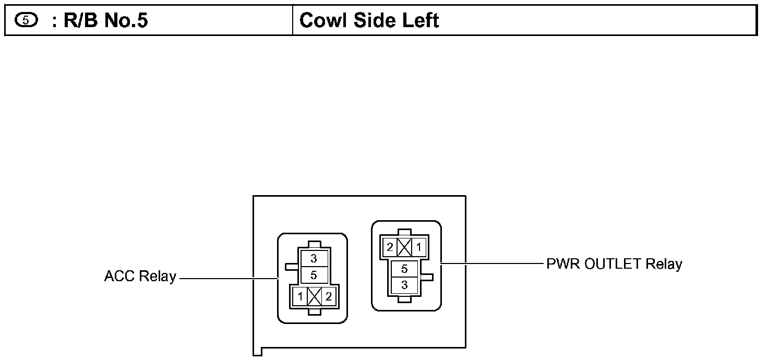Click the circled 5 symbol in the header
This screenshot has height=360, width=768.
(x=26, y=21)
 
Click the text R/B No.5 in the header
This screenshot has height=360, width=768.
(x=100, y=20)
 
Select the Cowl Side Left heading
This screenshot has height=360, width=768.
(x=369, y=20)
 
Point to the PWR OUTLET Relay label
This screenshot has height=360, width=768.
(x=614, y=263)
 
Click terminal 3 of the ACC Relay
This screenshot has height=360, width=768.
(x=314, y=258)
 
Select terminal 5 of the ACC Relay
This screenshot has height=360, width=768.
(x=314, y=274)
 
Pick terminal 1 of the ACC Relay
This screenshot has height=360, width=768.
(x=301, y=297)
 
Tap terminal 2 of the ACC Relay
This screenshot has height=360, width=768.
(x=328, y=297)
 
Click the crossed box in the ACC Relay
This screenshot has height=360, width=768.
(x=314, y=297)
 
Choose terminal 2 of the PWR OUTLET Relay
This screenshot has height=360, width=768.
(x=390, y=247)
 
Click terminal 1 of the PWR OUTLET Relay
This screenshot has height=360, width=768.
(x=418, y=247)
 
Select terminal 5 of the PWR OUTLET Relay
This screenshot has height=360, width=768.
(x=404, y=269)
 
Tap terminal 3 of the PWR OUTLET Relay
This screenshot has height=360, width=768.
(x=404, y=285)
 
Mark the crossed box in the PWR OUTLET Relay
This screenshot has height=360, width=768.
(x=404, y=247)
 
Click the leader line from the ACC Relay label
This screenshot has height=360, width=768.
(x=227, y=279)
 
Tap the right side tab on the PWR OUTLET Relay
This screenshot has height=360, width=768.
(x=426, y=277)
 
